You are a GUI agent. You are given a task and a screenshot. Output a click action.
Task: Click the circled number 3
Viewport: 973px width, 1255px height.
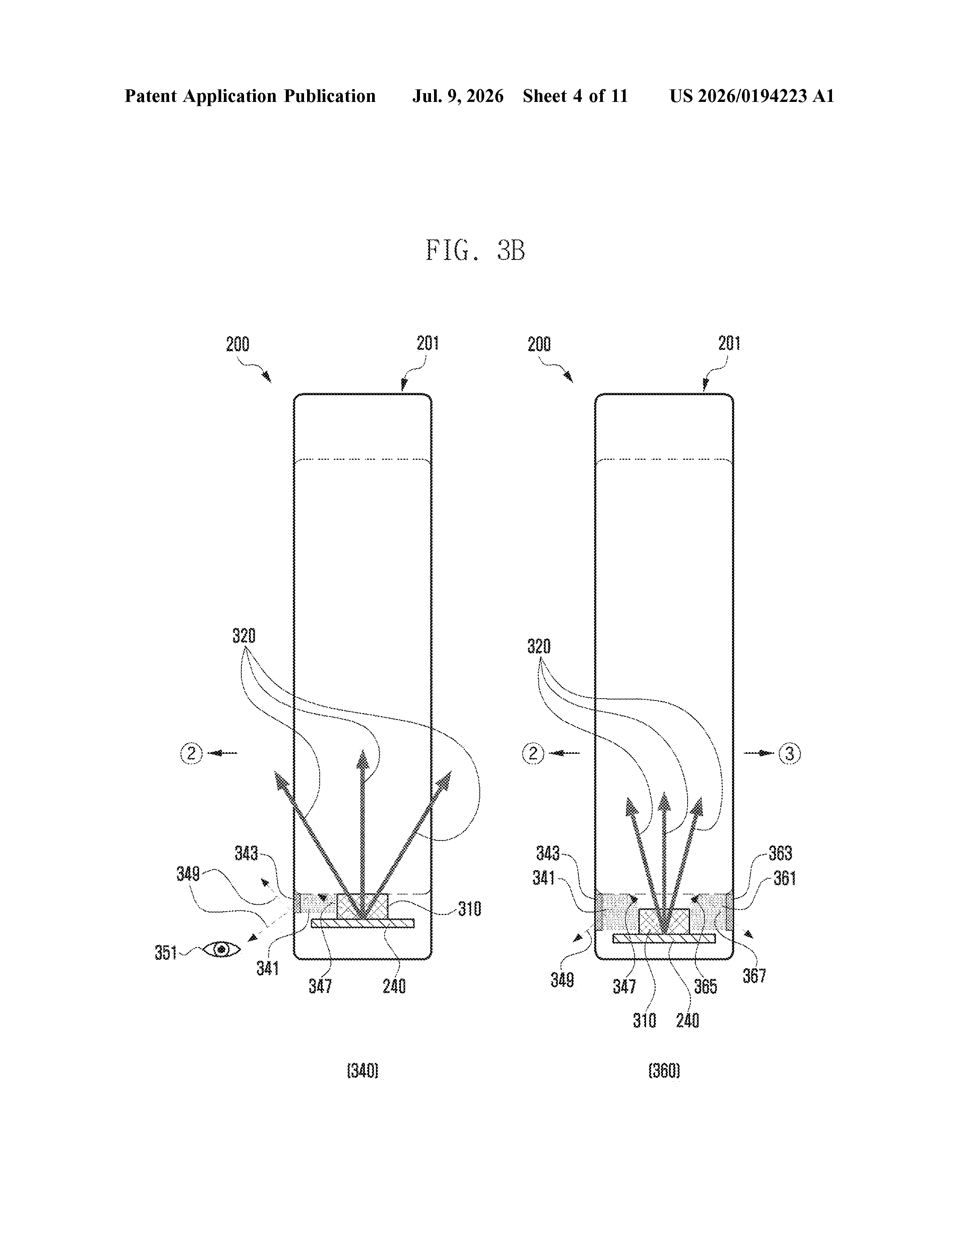pyautogui.click(x=790, y=753)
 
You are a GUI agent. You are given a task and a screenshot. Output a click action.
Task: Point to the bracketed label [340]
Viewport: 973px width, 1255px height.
pyautogui.click(x=363, y=1071)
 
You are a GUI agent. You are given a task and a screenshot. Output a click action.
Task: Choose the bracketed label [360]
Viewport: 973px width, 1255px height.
pyautogui.click(x=664, y=1071)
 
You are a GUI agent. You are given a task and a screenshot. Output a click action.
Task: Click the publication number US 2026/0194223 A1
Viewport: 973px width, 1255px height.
pyautogui.click(x=752, y=96)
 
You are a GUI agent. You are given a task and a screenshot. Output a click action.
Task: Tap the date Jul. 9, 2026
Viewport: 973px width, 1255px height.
pyautogui.click(x=458, y=96)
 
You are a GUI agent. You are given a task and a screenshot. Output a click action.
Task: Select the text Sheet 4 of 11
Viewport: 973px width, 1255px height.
pyautogui.click(x=575, y=96)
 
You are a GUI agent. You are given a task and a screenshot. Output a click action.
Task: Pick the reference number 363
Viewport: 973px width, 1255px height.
pyautogui.click(x=781, y=853)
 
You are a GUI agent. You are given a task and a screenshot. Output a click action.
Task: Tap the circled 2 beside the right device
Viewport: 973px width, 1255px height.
pyautogui.click(x=533, y=753)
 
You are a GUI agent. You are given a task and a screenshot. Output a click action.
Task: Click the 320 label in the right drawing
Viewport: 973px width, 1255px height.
pyautogui.click(x=539, y=647)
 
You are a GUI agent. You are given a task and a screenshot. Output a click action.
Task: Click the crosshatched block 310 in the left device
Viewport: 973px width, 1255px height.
pyautogui.click(x=363, y=906)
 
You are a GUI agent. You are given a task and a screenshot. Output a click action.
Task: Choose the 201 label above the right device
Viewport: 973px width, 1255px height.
pyautogui.click(x=729, y=344)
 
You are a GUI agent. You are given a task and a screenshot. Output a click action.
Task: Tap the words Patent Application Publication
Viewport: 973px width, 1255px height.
pyautogui.click(x=250, y=96)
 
